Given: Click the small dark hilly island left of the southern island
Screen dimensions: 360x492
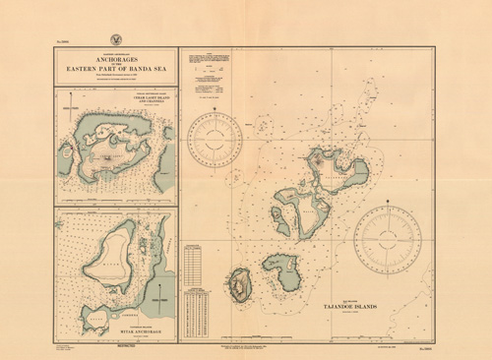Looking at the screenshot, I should pyautogui.click(x=239, y=285).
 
